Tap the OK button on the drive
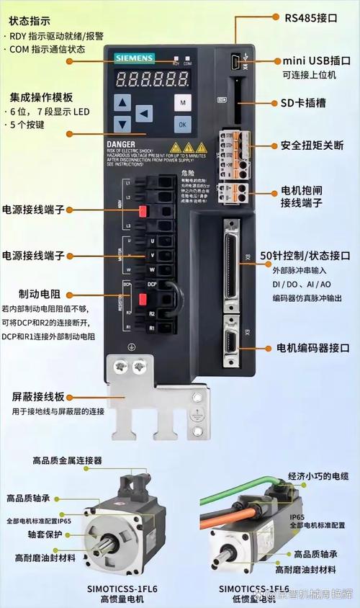click(183, 124)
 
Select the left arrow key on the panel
click(145, 113)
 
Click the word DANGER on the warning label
click(122, 145)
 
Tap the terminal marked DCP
click(152, 285)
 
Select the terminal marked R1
click(152, 328)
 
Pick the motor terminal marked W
click(152, 269)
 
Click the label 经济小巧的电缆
click(318, 476)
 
